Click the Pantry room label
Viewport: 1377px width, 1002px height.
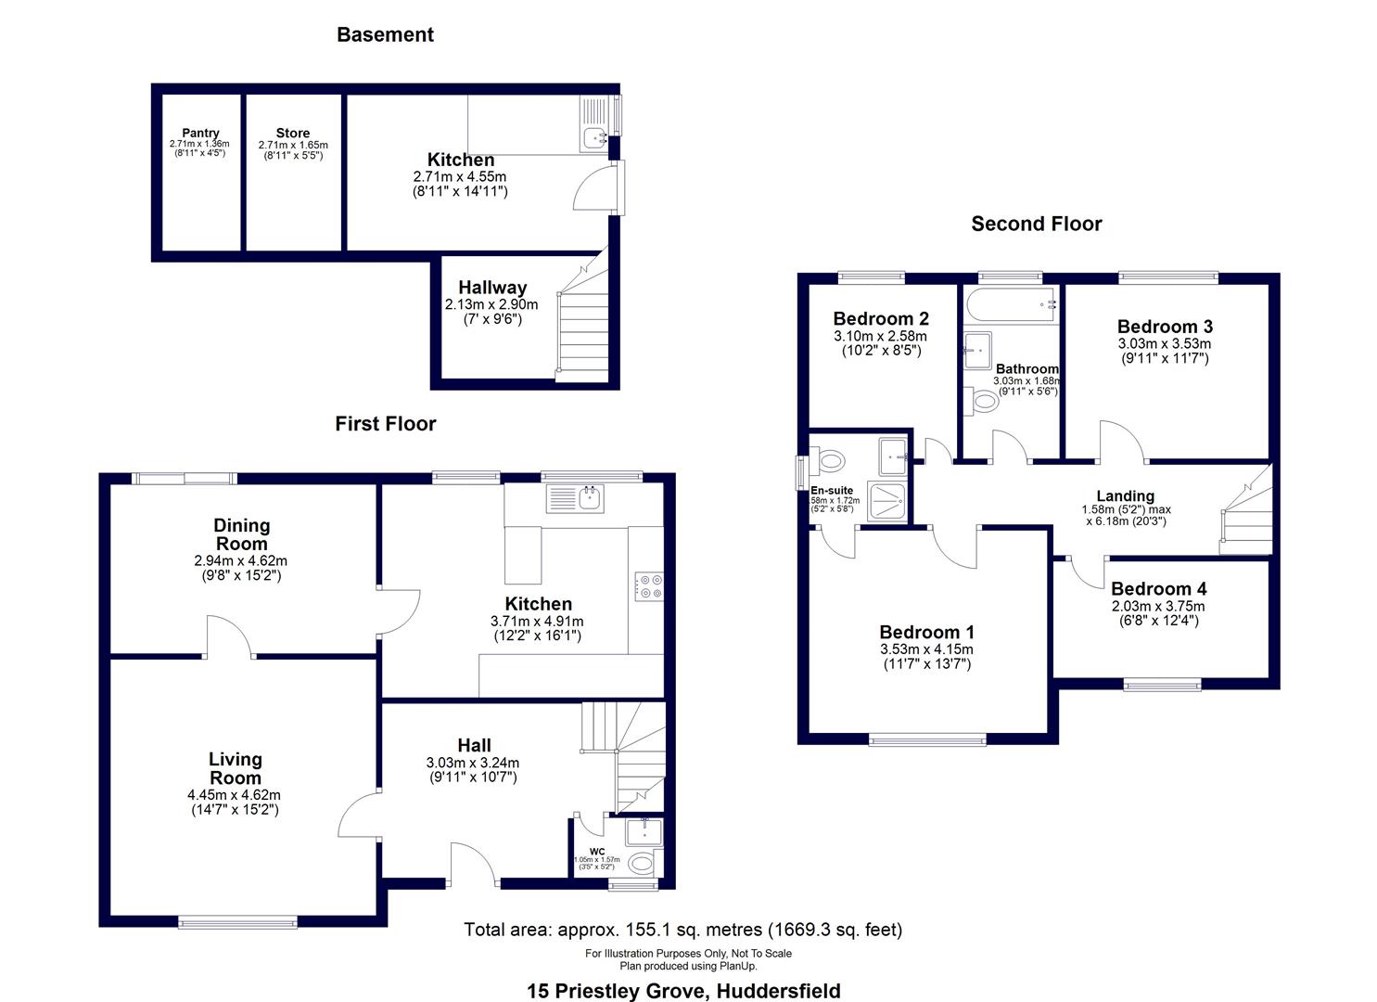coord(200,134)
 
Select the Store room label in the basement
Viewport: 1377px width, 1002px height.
coord(292,134)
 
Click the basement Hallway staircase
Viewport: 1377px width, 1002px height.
coord(581,325)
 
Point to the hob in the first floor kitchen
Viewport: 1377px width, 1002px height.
coord(648,586)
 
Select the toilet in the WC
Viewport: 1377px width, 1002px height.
coord(641,863)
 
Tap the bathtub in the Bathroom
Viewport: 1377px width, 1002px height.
coord(1010,303)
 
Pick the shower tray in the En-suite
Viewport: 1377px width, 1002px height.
coord(887,502)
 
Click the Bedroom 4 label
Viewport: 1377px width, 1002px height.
coord(1158,589)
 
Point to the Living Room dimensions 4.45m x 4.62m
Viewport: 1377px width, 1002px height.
coord(234,794)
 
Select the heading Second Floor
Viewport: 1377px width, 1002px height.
coord(1036,224)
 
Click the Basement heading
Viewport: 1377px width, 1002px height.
coord(385,35)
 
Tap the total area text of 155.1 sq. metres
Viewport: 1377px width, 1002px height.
coord(682,929)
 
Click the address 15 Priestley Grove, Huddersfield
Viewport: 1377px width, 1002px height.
coord(683,991)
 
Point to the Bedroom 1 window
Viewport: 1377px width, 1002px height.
coord(927,739)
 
